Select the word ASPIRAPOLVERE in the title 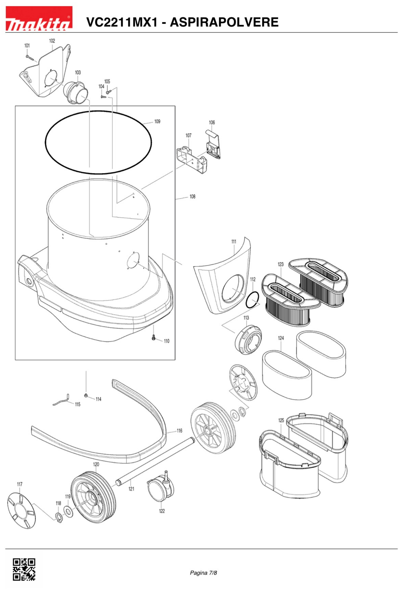224,22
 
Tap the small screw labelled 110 153,338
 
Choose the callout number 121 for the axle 131,489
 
